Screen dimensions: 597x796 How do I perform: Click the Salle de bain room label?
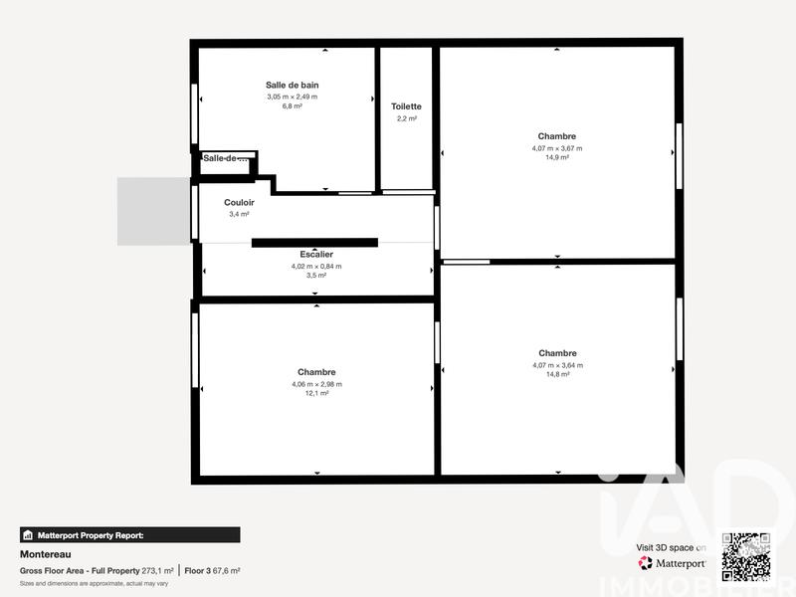click(x=292, y=86)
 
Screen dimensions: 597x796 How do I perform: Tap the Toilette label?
click(x=406, y=106)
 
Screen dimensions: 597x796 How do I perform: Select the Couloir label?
click(x=239, y=202)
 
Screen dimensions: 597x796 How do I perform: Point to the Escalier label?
click(x=316, y=255)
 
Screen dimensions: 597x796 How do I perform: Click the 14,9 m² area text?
click(x=557, y=157)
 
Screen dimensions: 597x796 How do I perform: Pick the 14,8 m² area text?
click(x=557, y=374)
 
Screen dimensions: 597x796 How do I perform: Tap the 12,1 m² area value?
click(x=316, y=393)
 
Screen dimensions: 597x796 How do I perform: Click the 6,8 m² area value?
click(x=292, y=105)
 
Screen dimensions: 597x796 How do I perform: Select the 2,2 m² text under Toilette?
click(x=406, y=118)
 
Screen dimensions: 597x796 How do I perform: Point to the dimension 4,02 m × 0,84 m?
click(x=316, y=266)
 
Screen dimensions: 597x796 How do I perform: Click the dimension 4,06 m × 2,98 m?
click(x=316, y=383)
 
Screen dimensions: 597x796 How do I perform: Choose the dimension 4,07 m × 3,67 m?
click(x=557, y=147)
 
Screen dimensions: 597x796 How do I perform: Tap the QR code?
click(x=745, y=556)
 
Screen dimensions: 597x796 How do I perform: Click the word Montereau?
click(x=45, y=554)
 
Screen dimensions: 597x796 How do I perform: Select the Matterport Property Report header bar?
click(x=129, y=534)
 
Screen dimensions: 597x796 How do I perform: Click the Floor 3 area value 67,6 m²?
click(x=226, y=571)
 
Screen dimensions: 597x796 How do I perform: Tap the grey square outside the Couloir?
click(x=153, y=211)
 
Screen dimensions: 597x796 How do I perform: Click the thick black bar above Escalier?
click(x=314, y=242)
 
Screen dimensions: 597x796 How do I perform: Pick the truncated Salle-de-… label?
click(x=226, y=158)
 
